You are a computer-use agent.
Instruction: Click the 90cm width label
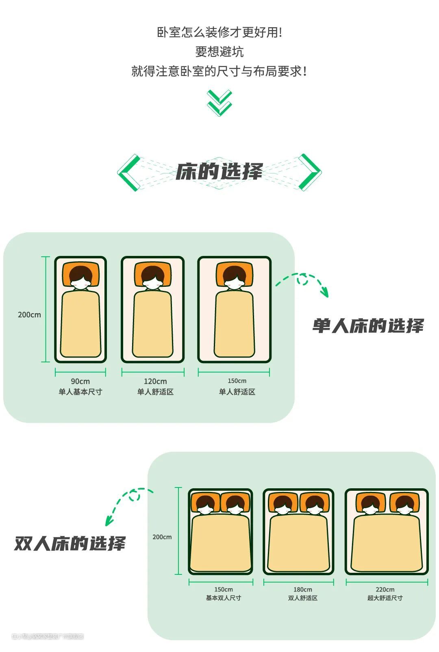pos(80,381)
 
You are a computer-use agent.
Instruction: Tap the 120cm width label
pos(155,381)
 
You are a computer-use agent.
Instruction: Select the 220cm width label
pos(385,589)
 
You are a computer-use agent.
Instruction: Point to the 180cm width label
pos(303,589)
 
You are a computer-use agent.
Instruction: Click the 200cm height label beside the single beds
pos(29,314)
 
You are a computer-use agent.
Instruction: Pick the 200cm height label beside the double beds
pos(162,537)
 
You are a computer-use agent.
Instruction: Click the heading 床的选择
pos(219,171)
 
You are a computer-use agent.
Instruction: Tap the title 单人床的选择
pos(368,326)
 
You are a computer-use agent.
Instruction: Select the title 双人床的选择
pos(70,544)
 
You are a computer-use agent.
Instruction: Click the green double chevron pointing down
pos(219,103)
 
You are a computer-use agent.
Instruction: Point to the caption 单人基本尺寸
pos(80,392)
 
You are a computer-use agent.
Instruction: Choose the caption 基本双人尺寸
pos(223,598)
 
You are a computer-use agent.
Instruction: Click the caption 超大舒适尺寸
pos(385,598)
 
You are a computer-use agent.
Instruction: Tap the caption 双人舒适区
pos(303,598)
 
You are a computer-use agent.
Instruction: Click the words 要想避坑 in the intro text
pos(219,52)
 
